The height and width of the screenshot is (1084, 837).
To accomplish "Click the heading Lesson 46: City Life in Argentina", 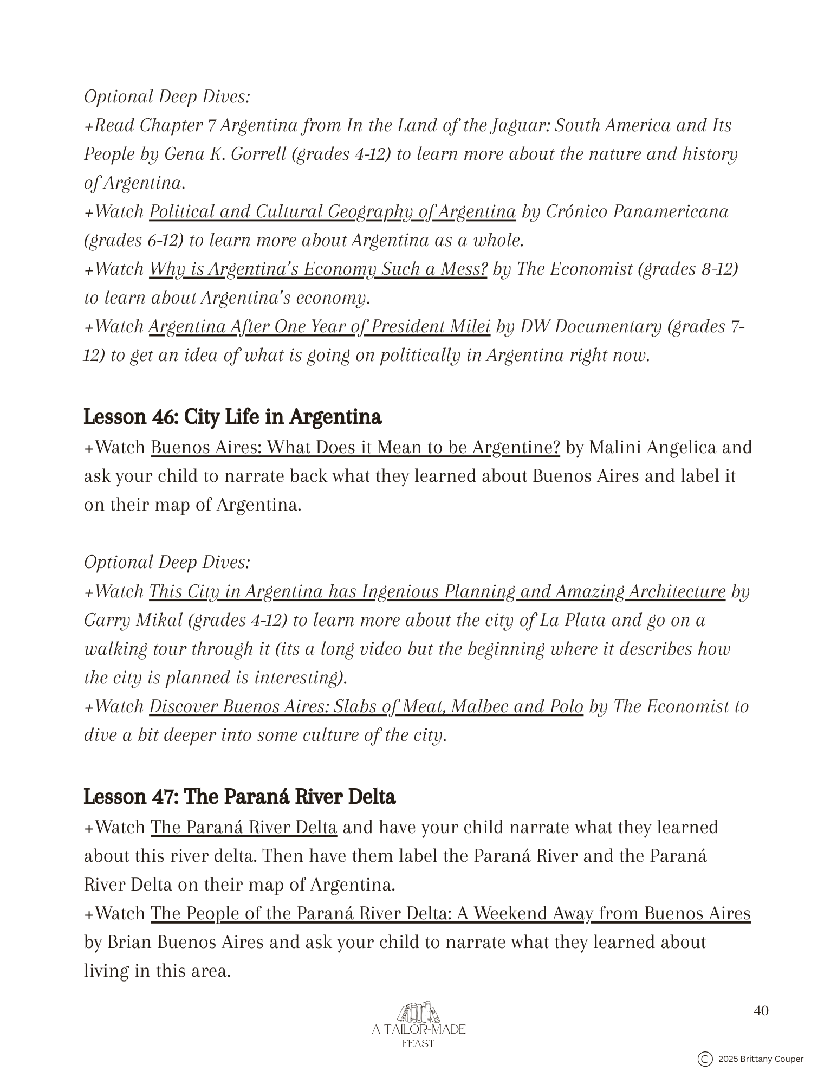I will point(232,417).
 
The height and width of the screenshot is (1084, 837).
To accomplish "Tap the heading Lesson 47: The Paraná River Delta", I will point(239,797).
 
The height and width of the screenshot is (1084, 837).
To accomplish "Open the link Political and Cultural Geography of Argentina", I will point(332,211).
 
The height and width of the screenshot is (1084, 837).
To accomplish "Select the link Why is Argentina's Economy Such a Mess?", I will point(318,269).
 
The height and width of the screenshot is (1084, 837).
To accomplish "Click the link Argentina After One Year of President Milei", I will point(319,326).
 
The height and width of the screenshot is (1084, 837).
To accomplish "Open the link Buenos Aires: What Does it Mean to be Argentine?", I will point(355,448).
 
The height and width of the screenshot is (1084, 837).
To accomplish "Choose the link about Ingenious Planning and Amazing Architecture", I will point(437,591).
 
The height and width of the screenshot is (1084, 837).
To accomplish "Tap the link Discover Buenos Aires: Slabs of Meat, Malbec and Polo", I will point(366,706).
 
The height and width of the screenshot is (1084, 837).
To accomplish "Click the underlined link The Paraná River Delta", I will point(243,828).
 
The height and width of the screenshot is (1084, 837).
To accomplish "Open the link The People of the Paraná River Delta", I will point(450,913).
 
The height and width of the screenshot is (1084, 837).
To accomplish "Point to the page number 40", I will point(761,1011).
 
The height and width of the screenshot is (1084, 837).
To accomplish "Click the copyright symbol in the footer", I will point(705,1059).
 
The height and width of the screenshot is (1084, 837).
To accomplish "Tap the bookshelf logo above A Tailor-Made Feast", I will point(418,1012).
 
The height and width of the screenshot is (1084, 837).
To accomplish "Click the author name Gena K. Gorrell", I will point(225,154).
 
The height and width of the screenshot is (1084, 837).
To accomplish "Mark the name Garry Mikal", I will point(133,620).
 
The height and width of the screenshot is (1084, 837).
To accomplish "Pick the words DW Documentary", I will point(591,326).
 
